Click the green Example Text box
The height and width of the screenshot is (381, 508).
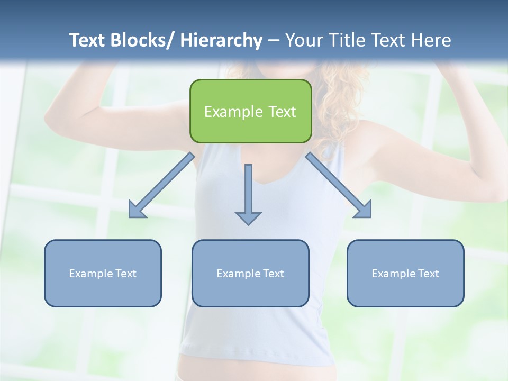coord(250,111)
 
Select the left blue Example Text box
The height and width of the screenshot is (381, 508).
coord(103,274)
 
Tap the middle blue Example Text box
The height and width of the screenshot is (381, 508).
coord(250,274)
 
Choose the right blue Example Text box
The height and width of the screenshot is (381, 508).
coord(405,274)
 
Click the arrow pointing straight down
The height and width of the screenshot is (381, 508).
coord(248,193)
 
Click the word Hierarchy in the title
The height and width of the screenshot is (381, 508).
coord(221,41)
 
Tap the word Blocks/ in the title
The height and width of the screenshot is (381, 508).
coord(146,41)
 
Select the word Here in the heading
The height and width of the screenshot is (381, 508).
coord(432,41)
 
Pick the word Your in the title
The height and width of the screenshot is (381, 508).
coord(303,41)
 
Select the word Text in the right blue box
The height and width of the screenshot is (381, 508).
coord(428,274)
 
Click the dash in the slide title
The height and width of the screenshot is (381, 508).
coord(274,41)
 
